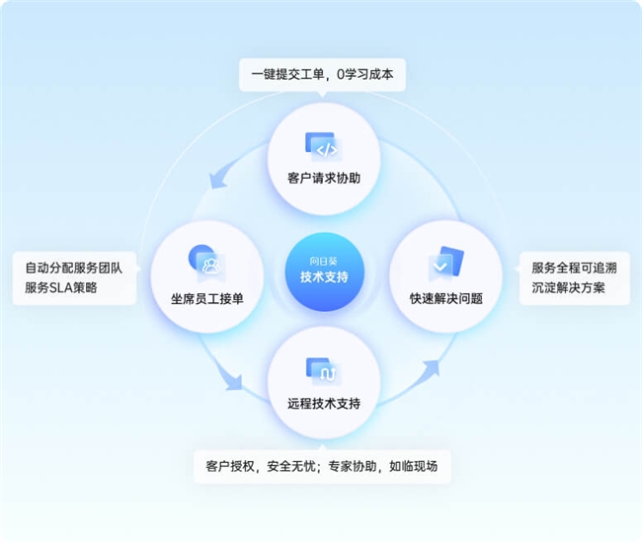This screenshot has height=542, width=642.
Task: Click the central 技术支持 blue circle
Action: [324, 271]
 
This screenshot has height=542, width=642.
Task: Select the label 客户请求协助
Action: [324, 178]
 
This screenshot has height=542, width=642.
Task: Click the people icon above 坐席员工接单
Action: [206, 263]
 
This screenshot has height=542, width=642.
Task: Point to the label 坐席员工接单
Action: [207, 299]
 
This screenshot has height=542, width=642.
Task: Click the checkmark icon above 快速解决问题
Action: [445, 263]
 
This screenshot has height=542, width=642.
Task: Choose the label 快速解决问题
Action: [446, 299]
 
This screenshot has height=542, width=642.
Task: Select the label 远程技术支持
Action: [324, 404]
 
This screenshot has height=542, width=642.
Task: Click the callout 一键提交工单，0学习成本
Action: [322, 74]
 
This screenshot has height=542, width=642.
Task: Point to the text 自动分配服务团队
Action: [74, 269]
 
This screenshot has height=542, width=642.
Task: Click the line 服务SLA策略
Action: [61, 287]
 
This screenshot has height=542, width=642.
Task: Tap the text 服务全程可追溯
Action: [575, 269]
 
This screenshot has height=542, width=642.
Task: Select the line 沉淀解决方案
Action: [568, 287]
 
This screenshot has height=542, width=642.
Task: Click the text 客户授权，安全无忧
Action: [261, 466]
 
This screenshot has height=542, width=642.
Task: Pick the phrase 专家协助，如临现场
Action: [383, 466]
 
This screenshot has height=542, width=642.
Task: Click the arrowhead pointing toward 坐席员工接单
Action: [219, 179]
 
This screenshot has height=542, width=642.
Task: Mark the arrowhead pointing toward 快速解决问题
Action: [431, 368]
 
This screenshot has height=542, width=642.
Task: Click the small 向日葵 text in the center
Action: [323, 262]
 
